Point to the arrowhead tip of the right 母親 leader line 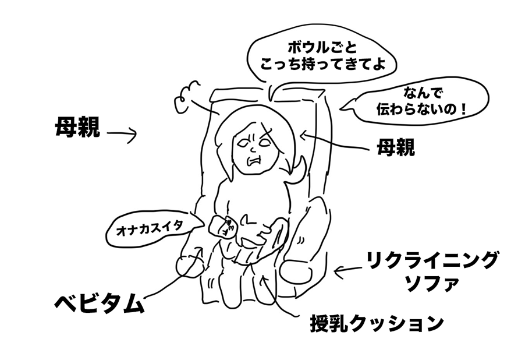300,135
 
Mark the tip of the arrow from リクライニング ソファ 334,272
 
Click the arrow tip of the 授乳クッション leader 262,275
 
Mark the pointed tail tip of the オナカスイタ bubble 205,226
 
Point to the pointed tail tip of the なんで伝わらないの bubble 340,109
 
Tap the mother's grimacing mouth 255,162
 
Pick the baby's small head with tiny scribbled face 221,226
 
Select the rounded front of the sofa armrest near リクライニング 296,271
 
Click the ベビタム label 99,303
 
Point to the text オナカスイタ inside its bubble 150,228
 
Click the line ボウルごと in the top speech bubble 323,48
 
